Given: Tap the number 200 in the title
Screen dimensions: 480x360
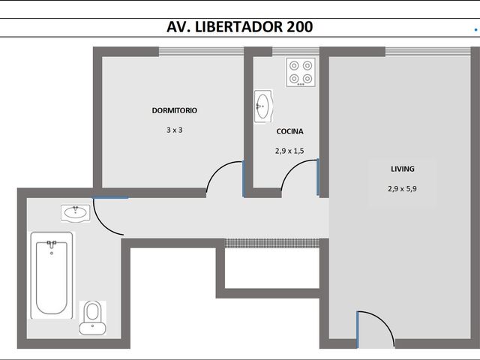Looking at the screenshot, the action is click(x=300, y=27).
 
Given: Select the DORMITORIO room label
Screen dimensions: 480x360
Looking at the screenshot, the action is click(x=175, y=110).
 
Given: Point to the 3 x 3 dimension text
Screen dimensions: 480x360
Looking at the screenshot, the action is click(x=175, y=130).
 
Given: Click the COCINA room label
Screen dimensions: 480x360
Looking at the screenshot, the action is click(x=289, y=131).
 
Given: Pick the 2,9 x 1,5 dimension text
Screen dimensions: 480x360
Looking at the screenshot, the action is click(x=289, y=151).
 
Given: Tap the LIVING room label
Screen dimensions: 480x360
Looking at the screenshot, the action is click(x=403, y=169).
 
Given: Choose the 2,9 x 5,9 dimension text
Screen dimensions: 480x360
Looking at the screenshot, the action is click(x=402, y=189).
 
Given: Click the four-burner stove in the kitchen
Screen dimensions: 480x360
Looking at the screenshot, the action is click(x=301, y=72).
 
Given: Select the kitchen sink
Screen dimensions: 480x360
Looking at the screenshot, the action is click(x=263, y=106).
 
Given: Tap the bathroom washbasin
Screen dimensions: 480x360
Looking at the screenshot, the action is click(x=75, y=212).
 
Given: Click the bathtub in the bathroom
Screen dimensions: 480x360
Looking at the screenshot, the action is click(x=52, y=275).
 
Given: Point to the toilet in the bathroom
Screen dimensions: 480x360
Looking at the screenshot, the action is click(x=92, y=318).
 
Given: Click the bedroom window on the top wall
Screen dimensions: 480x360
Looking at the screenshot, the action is click(x=201, y=52).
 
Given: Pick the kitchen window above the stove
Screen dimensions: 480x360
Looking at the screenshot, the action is click(x=295, y=52).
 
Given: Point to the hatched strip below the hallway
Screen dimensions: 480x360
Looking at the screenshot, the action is click(x=272, y=243).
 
